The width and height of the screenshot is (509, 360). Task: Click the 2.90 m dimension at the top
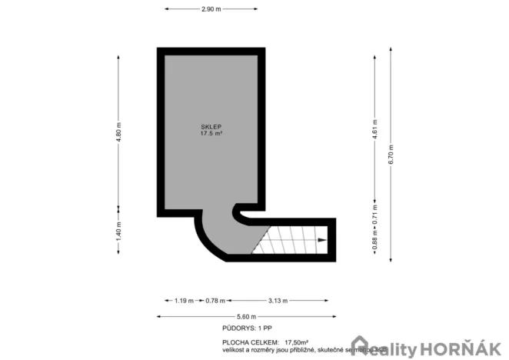[211, 9]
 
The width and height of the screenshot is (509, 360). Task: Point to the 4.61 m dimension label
[375, 131]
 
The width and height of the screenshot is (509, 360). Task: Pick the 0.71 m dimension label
[375, 214]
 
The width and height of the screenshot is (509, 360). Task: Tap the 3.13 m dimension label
[278, 301]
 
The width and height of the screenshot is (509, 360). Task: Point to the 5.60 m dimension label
[245, 316]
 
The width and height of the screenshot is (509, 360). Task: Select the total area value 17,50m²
[296, 342]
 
